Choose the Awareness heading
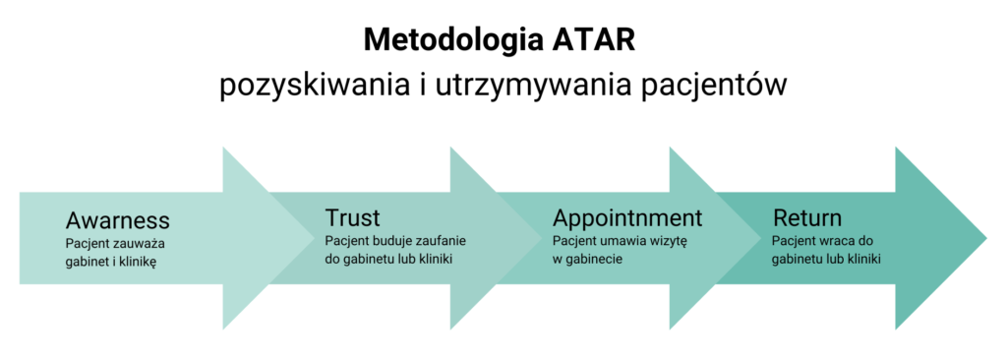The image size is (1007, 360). pyautogui.click(x=118, y=220)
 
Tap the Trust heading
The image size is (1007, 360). pyautogui.click(x=353, y=217)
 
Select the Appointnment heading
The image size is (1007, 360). pyautogui.click(x=627, y=218)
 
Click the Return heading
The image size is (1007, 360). pyautogui.click(x=807, y=217)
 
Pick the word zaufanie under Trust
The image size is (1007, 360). pyautogui.click(x=440, y=241)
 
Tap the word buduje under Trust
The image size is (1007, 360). pyautogui.click(x=390, y=241)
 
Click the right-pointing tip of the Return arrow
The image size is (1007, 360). pyautogui.click(x=986, y=238)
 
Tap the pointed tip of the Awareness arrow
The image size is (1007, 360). pyautogui.click(x=314, y=238)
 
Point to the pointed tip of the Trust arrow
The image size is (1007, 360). pyautogui.click(x=542, y=238)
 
